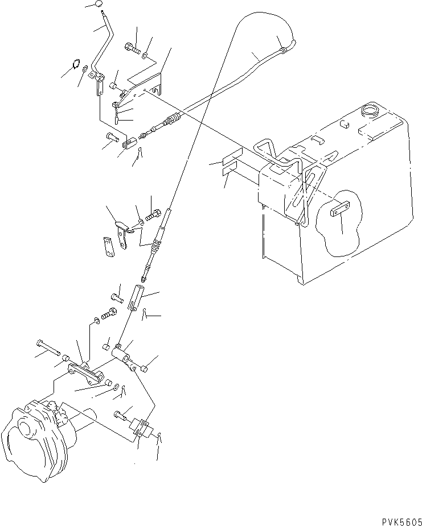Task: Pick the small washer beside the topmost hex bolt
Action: (x=146, y=55)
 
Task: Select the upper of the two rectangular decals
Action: (x=232, y=156)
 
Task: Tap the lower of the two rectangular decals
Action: (x=232, y=168)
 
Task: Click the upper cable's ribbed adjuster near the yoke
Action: (x=171, y=120)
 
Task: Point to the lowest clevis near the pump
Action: (x=142, y=428)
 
